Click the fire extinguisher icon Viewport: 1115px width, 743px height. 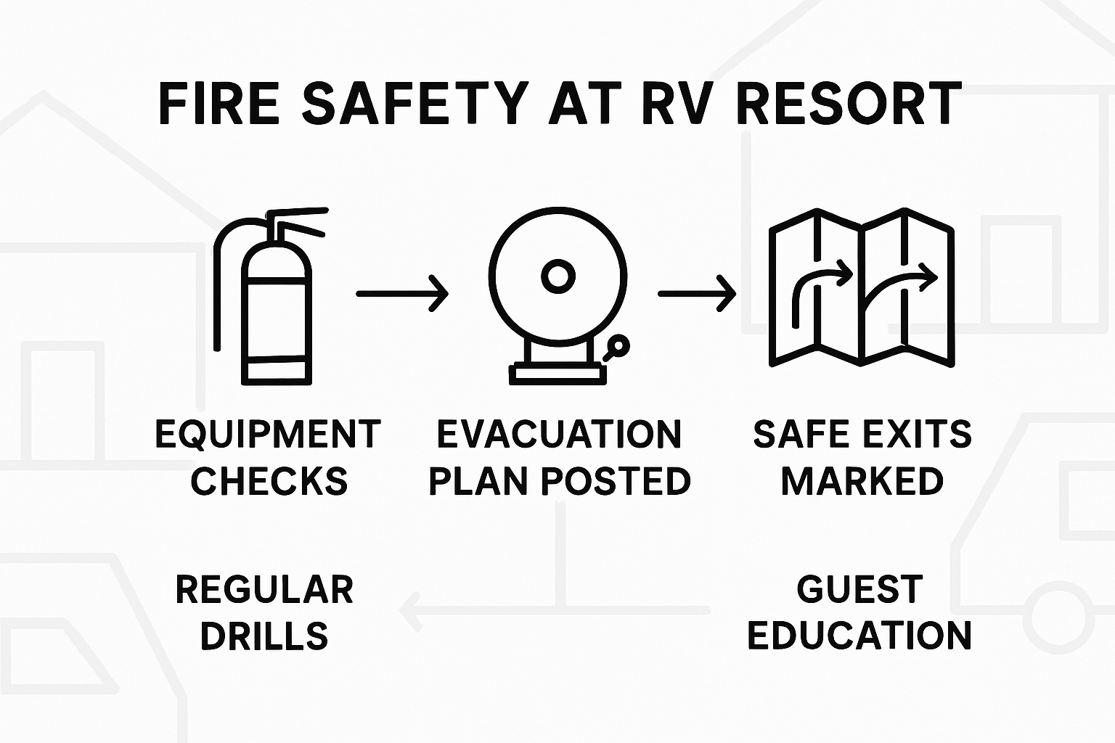(276, 305)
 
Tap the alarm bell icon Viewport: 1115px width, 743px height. (557, 290)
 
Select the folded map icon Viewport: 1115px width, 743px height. (862, 288)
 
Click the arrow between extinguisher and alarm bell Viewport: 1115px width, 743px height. (402, 293)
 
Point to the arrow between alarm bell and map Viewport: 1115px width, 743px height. (697, 293)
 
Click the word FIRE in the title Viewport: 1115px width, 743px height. (218, 104)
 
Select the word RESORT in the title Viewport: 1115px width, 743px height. (849, 104)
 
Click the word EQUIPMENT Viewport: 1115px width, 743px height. (268, 435)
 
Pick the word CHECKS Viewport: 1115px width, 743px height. (269, 482)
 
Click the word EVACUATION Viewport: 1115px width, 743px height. (559, 435)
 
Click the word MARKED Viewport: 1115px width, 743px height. (862, 482)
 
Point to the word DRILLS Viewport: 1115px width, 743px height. (264, 636)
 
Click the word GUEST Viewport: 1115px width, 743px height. (860, 588)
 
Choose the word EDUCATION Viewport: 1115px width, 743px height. (859, 636)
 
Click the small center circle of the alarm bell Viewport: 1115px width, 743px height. (557, 276)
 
